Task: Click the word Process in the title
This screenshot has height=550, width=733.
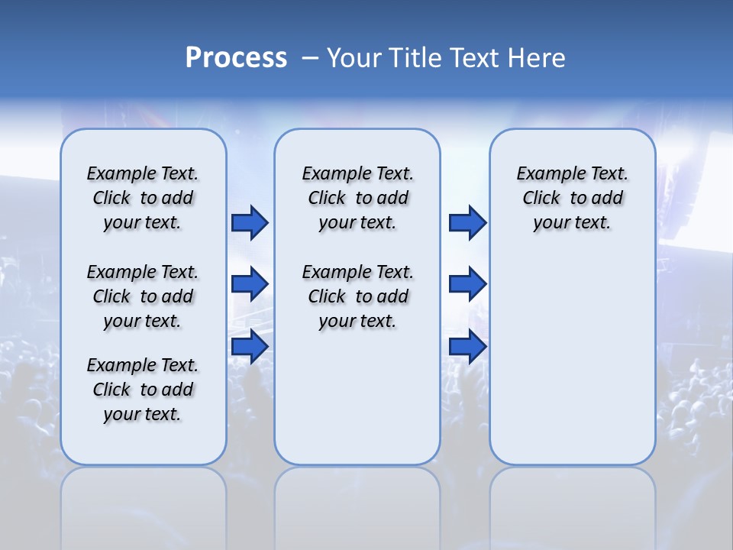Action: tap(236, 58)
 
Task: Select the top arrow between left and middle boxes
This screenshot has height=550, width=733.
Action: tap(250, 223)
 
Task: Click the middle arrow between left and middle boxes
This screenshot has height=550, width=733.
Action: tap(250, 284)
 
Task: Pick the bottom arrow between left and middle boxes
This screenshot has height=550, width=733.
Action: tap(250, 346)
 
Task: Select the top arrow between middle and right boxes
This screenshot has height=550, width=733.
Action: tap(467, 223)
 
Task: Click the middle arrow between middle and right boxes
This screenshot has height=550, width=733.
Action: tap(467, 284)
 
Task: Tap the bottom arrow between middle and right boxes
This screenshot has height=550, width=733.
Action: tap(467, 346)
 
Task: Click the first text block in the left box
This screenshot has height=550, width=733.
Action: tap(143, 198)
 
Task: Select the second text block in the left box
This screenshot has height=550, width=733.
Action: tap(143, 296)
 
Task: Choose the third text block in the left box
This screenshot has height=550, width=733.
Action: tap(143, 390)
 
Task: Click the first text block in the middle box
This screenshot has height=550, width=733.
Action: tap(357, 198)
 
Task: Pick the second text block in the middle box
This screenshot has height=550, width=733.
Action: tap(357, 296)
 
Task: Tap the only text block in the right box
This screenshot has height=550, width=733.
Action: tap(572, 198)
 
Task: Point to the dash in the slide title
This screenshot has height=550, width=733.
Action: tap(310, 58)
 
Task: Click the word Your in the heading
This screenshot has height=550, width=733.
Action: tap(354, 58)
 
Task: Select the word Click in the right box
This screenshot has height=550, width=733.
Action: tap(541, 199)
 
